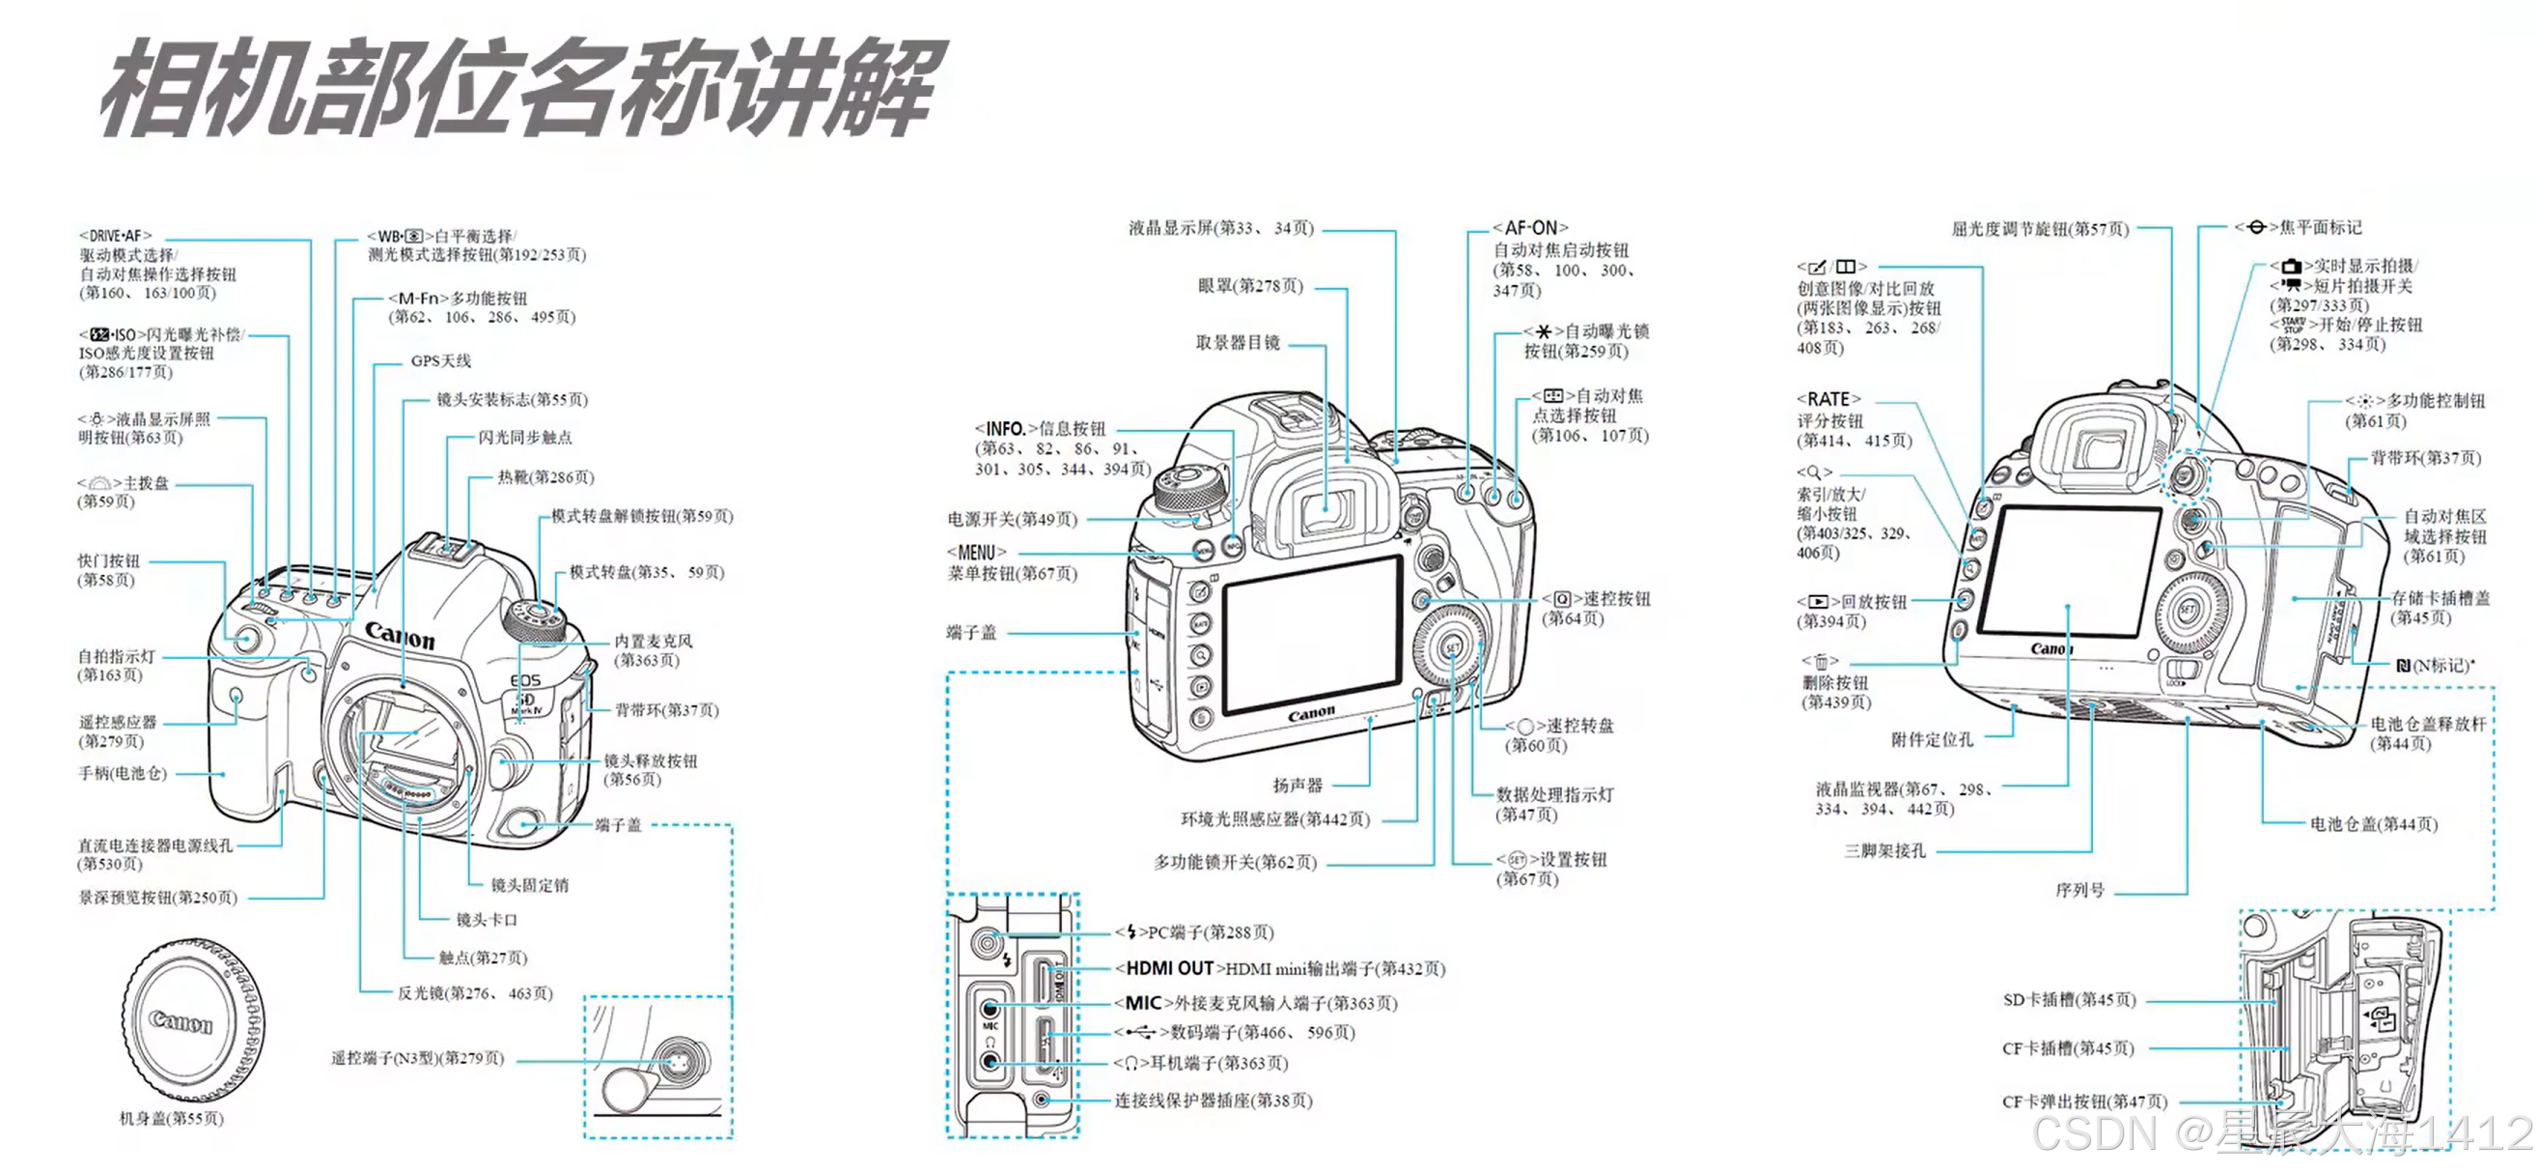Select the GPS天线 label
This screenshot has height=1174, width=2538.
pos(440,360)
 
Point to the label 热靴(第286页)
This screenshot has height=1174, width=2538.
pos(544,477)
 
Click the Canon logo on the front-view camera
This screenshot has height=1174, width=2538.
pos(399,636)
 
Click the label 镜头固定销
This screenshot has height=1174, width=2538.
pos(529,884)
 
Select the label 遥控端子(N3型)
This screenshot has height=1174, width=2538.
pos(417,1058)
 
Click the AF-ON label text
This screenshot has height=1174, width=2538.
pos(1530,228)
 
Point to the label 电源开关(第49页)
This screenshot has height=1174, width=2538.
pos(1012,519)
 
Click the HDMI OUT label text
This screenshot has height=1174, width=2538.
pos(1169,968)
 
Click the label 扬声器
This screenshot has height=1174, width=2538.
pos(1297,785)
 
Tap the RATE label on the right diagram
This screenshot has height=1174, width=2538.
pos(1827,399)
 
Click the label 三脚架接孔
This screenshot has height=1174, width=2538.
pos(1883,850)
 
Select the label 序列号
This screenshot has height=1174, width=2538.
pos(2079,890)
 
